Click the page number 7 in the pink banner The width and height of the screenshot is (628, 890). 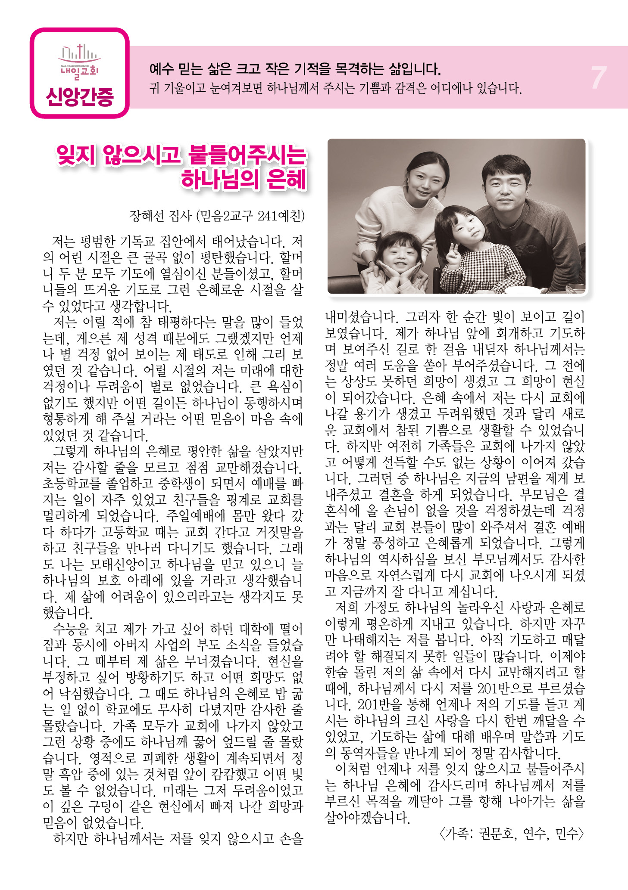click(598, 78)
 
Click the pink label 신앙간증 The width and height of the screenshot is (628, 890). click(80, 96)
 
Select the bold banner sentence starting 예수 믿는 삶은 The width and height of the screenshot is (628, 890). click(294, 68)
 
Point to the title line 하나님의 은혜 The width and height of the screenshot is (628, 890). click(244, 179)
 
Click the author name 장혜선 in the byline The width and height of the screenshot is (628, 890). click(145, 216)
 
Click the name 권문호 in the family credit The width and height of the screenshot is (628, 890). click(497, 834)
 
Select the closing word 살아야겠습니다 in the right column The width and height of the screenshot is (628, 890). click(367, 818)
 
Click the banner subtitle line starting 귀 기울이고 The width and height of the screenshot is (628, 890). click(335, 89)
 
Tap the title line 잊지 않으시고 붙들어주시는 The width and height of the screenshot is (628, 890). click(181, 155)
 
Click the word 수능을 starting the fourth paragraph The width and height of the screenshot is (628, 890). click(70, 629)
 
